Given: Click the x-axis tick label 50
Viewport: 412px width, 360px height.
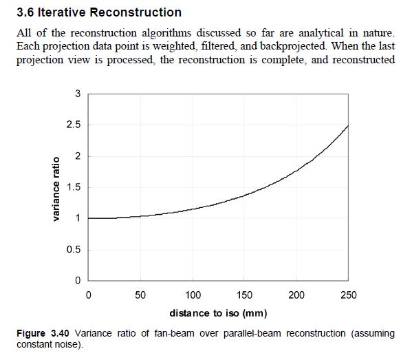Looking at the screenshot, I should pos(140,295).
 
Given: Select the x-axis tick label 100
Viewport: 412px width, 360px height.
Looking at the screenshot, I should pos(193,295).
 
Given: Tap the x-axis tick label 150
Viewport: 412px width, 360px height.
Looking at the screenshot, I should pos(245,295).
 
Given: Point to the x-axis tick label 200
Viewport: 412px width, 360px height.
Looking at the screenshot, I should pos(296,295).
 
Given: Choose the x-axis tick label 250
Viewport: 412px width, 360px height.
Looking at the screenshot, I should pos(349,295).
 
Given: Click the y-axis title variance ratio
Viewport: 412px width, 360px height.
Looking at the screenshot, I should pos(56,188).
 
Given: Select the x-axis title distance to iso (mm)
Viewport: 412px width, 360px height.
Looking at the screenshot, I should pos(218,314).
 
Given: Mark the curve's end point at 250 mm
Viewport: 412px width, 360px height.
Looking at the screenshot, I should pos(349,125).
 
